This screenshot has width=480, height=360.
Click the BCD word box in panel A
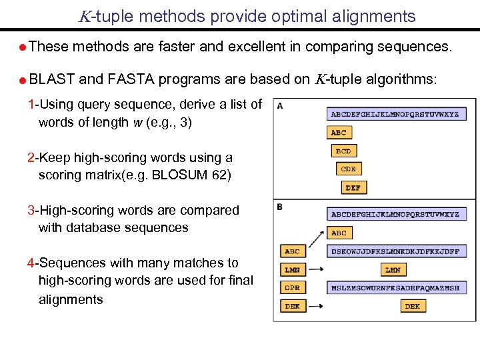(343, 151)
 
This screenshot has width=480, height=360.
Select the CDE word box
(348, 169)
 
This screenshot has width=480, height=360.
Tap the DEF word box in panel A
(353, 188)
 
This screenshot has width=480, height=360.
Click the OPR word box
(292, 288)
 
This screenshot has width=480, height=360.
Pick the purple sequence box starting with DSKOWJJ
(395, 251)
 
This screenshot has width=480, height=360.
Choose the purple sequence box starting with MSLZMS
(395, 288)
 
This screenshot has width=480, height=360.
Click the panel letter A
(280, 105)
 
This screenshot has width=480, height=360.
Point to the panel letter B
(280, 207)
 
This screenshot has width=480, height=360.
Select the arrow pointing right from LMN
(317, 270)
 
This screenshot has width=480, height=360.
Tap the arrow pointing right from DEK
(317, 306)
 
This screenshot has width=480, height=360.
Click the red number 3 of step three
(31, 210)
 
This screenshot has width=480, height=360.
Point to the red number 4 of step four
(31, 263)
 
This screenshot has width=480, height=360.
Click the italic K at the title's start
(83, 17)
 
